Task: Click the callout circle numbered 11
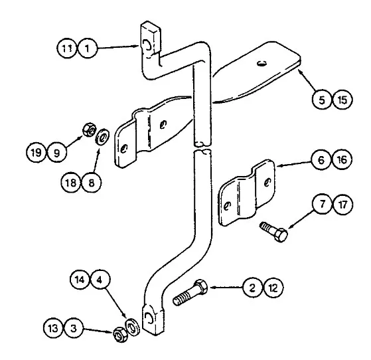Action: [x=66, y=48]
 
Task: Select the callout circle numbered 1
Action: [x=88, y=48]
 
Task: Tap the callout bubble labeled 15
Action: [x=342, y=100]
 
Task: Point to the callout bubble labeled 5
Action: [x=322, y=100]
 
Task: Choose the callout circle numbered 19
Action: [x=36, y=152]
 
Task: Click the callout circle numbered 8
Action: [x=92, y=183]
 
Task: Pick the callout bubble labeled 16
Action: [x=342, y=159]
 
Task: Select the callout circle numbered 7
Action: [x=322, y=205]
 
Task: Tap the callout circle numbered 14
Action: [x=80, y=280]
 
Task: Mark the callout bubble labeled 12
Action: [x=273, y=288]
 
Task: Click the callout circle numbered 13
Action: [x=53, y=328]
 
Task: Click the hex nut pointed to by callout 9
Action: [x=89, y=130]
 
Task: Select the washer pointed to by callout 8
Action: [x=103, y=137]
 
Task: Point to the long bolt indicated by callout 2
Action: [x=190, y=292]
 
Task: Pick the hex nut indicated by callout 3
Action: [x=119, y=334]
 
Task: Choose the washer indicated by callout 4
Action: [x=132, y=326]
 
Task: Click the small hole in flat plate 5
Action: [x=261, y=63]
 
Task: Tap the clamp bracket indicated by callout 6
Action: [x=246, y=193]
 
